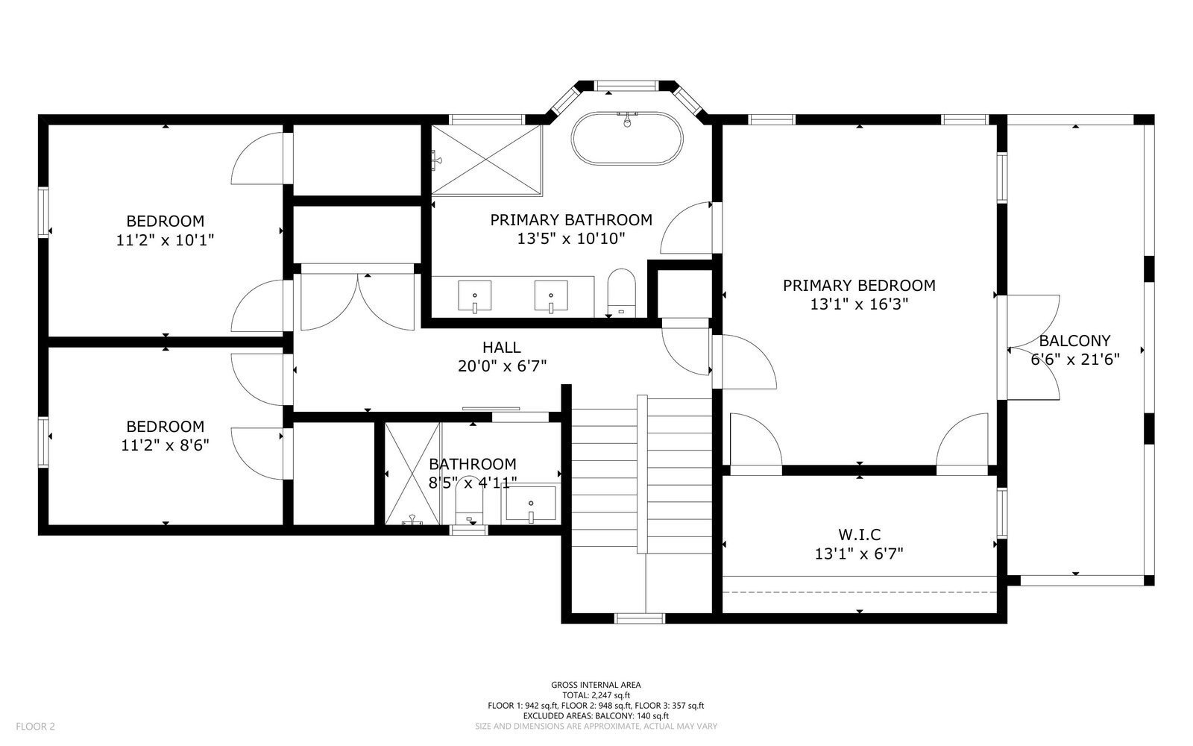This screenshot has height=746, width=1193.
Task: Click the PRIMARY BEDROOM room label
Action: (859, 286)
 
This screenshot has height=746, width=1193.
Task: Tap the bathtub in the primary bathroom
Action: (627, 139)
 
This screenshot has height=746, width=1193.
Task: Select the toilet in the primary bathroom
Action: (620, 292)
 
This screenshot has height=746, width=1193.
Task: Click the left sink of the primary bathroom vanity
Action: (474, 296)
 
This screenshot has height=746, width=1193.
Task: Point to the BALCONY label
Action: (1074, 341)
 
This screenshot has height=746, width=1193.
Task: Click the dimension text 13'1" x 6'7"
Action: (859, 554)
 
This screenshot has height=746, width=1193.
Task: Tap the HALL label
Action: (501, 348)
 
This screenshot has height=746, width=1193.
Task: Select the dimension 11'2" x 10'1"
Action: (165, 240)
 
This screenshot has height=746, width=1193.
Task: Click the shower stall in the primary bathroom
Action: (486, 159)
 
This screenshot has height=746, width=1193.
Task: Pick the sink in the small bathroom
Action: (531, 504)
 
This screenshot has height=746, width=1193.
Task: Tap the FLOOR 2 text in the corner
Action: (35, 726)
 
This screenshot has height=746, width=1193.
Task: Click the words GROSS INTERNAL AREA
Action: (596, 685)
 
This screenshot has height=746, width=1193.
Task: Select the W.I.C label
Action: (859, 535)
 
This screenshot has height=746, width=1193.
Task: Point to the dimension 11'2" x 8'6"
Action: (165, 445)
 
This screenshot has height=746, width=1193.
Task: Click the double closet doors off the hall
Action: (357, 301)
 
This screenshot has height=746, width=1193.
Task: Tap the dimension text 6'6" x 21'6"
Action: (1074, 359)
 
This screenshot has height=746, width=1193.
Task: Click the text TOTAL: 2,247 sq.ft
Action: (596, 695)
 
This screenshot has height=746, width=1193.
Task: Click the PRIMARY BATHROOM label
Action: (570, 220)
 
